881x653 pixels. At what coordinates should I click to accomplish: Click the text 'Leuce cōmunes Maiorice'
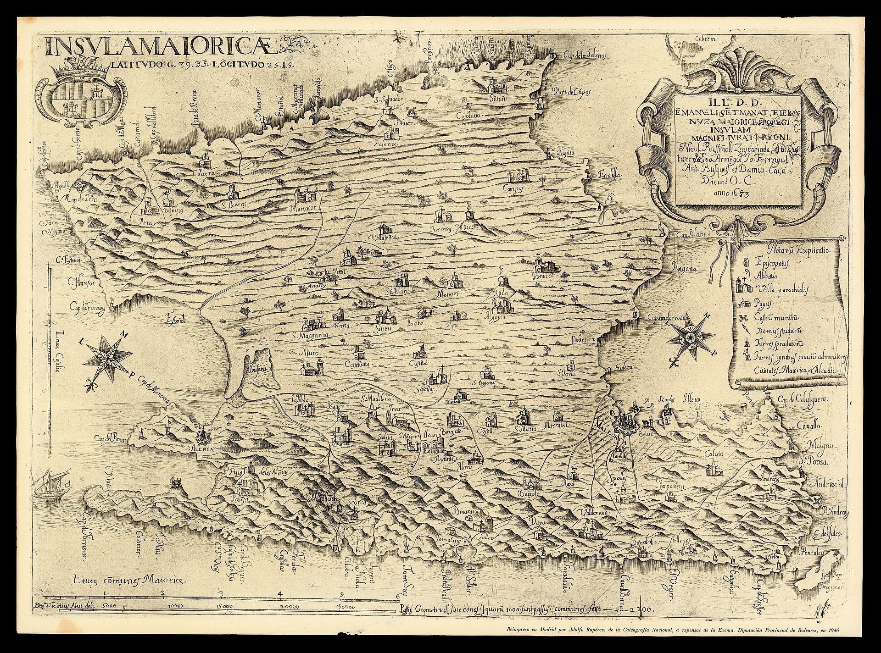[130, 581]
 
